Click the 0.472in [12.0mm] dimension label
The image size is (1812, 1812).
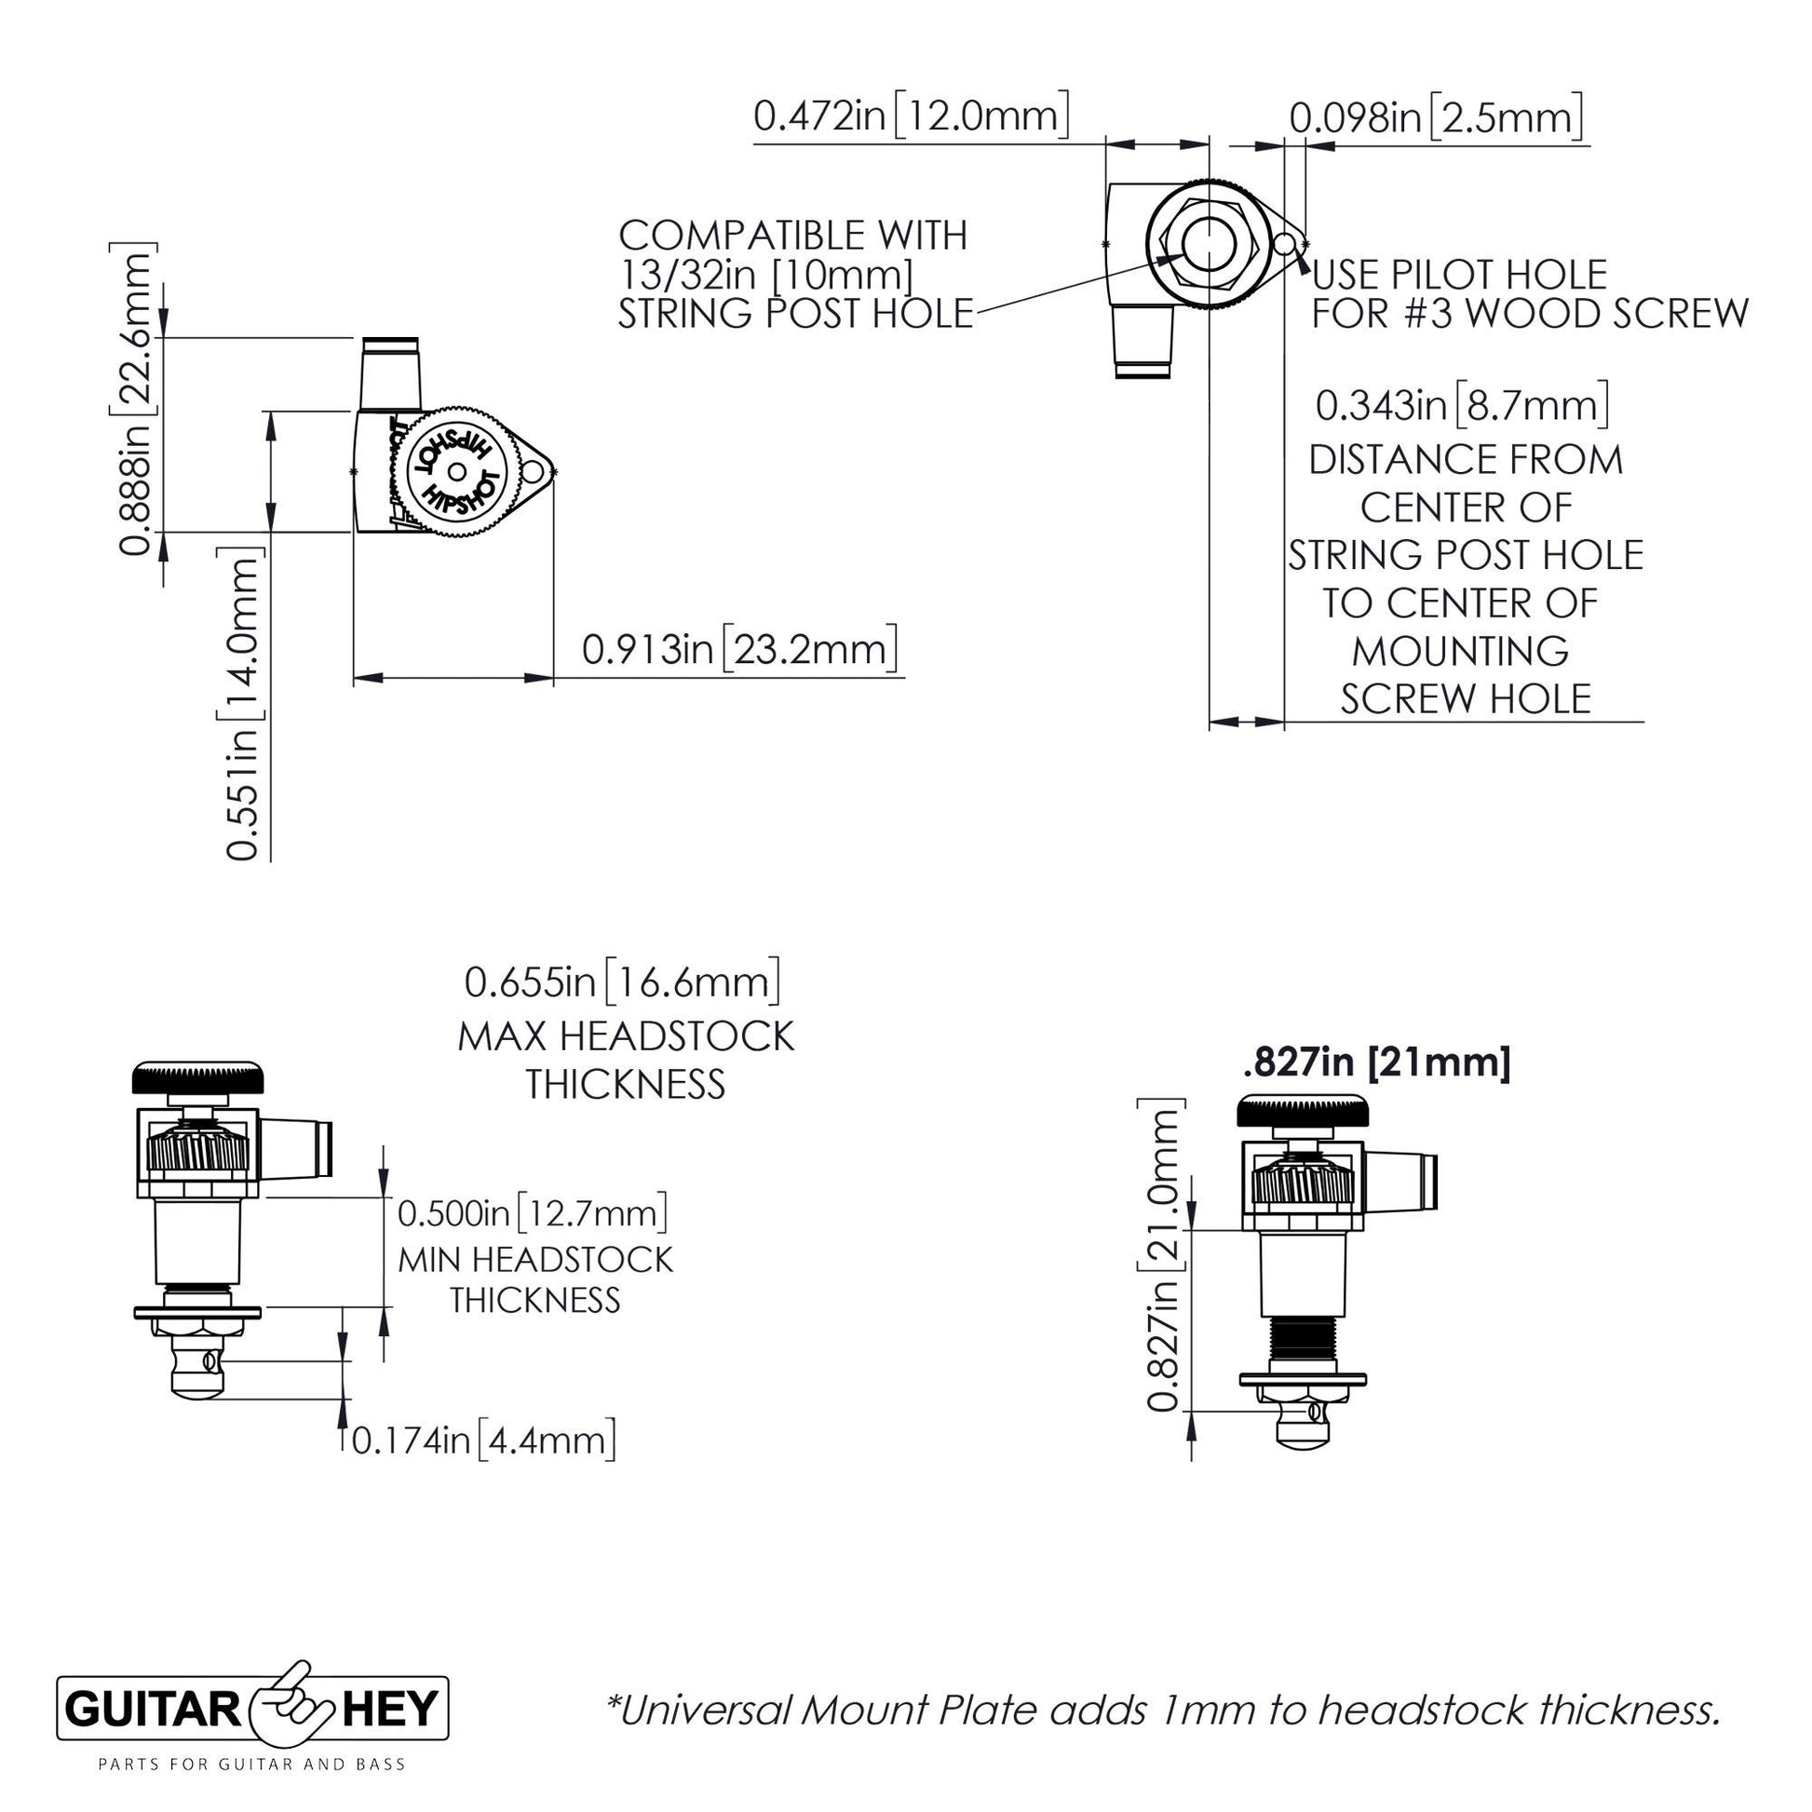point(911,116)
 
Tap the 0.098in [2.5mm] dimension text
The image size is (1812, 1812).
point(1436,118)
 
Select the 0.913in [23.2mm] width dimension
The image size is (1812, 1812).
point(739,649)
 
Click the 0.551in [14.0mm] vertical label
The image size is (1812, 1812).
point(241,704)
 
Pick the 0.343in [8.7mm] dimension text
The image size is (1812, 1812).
point(1462,406)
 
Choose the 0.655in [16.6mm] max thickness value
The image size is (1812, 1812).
point(623,982)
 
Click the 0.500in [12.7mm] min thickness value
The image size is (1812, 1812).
point(533,1212)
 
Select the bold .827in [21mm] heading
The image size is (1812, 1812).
point(1376,1063)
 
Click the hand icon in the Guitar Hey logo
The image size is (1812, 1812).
point(291,1735)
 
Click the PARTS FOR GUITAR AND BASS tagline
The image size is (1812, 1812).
point(252,1791)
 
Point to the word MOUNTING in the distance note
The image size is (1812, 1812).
point(1460,651)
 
